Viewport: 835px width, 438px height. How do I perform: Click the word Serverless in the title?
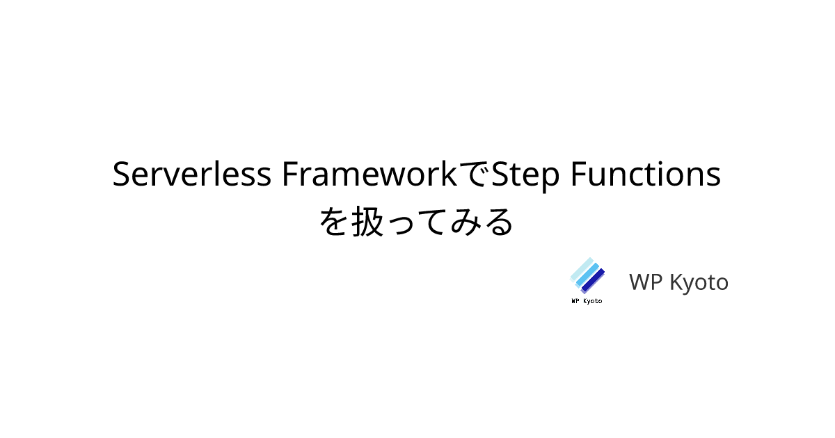coord(192,175)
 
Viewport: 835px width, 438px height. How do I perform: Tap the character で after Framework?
coord(478,175)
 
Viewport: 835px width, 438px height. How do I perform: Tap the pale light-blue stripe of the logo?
coord(581,269)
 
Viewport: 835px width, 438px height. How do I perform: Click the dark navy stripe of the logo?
coord(594,280)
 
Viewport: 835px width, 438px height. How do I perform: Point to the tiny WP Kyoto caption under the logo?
coord(587,301)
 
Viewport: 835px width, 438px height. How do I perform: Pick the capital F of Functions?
coord(577,175)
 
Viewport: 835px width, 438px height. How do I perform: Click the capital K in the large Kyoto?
coord(675,282)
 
